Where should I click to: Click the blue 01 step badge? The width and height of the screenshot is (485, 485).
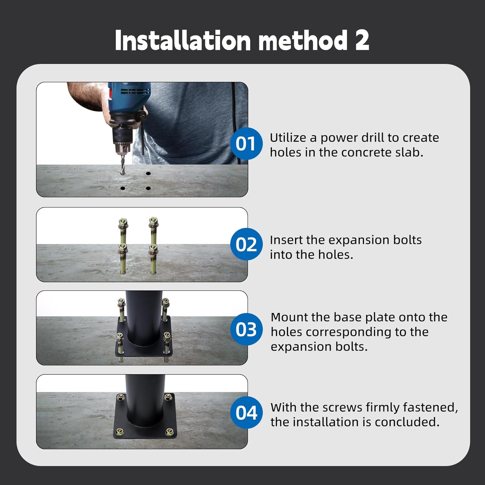246,143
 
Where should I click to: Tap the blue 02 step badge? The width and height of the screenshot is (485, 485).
246,244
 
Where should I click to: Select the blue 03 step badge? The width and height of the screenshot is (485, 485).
246,329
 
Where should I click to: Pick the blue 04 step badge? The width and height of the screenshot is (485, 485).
246,413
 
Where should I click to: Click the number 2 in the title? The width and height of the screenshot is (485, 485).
362,40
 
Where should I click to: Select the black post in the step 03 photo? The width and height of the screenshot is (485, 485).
144,317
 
